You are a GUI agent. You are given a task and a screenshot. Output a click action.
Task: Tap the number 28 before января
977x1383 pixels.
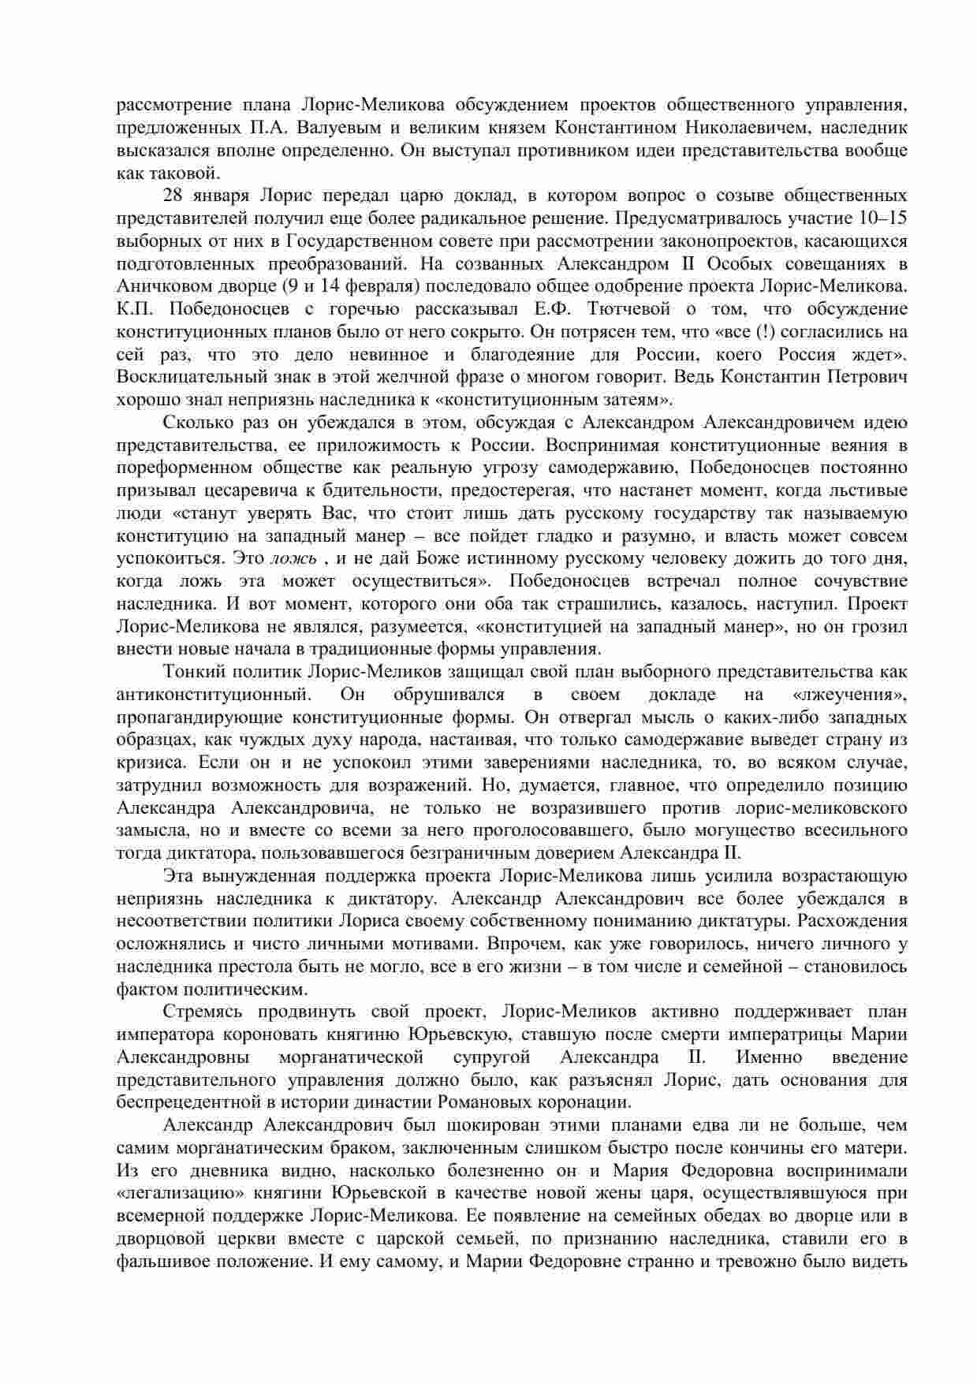pyautogui.click(x=174, y=195)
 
